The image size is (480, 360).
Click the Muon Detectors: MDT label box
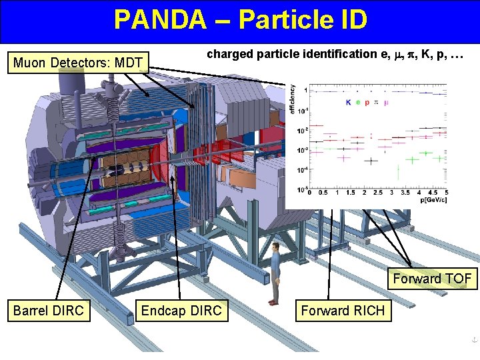[78, 63]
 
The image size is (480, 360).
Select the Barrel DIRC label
[49, 310]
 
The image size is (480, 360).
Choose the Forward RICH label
[343, 310]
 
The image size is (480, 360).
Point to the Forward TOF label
[432, 278]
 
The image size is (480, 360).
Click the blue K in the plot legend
[348, 103]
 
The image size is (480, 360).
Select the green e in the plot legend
[358, 103]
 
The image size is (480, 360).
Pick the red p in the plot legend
[367, 103]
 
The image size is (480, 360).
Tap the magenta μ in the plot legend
[387, 103]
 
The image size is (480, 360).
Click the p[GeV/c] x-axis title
[433, 199]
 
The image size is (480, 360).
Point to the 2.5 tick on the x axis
[378, 193]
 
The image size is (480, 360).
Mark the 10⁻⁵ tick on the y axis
[302, 189]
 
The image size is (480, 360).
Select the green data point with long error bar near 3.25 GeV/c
[398, 171]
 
